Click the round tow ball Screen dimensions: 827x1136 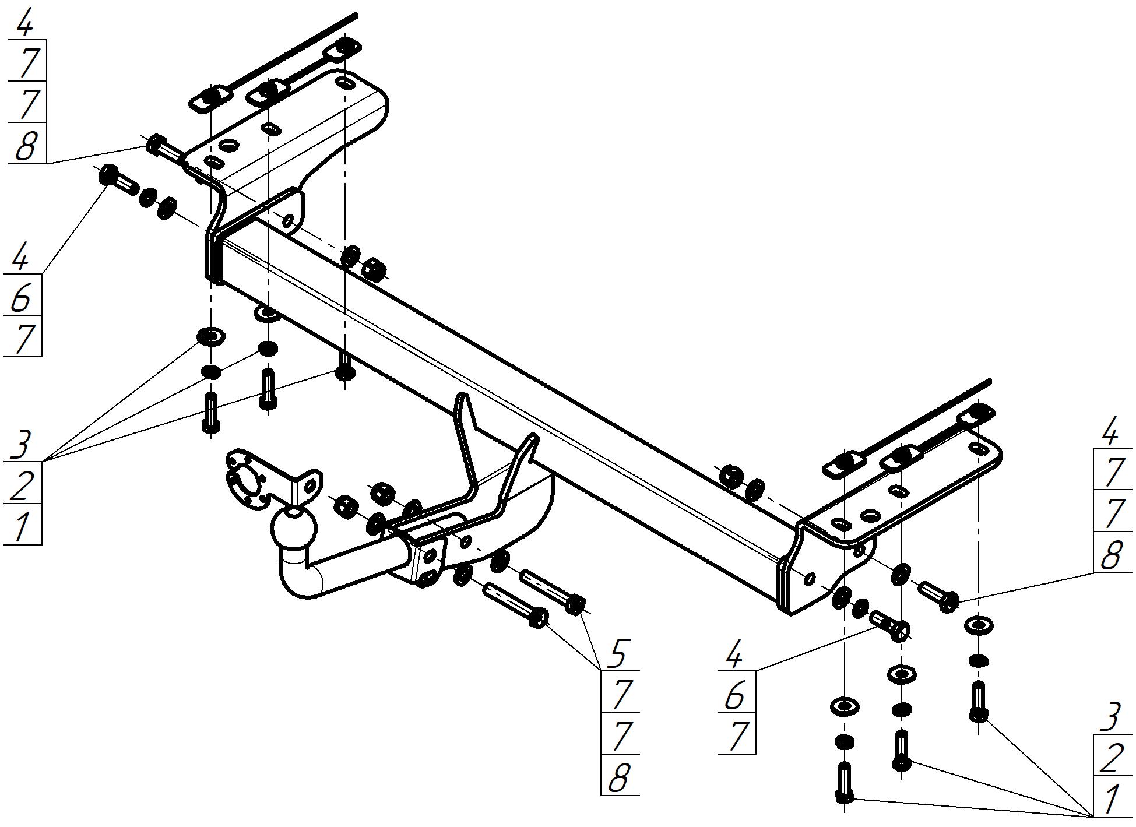pos(294,526)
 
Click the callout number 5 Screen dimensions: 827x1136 pos(617,654)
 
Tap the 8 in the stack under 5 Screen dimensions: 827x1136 pos(619,777)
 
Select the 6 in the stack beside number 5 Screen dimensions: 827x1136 pos(736,695)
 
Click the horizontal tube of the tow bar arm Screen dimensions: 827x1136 pos(356,558)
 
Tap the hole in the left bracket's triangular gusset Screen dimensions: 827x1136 pos(287,220)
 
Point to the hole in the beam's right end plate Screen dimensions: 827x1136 pos(809,578)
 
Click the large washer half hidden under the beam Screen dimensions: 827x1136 pos(266,313)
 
